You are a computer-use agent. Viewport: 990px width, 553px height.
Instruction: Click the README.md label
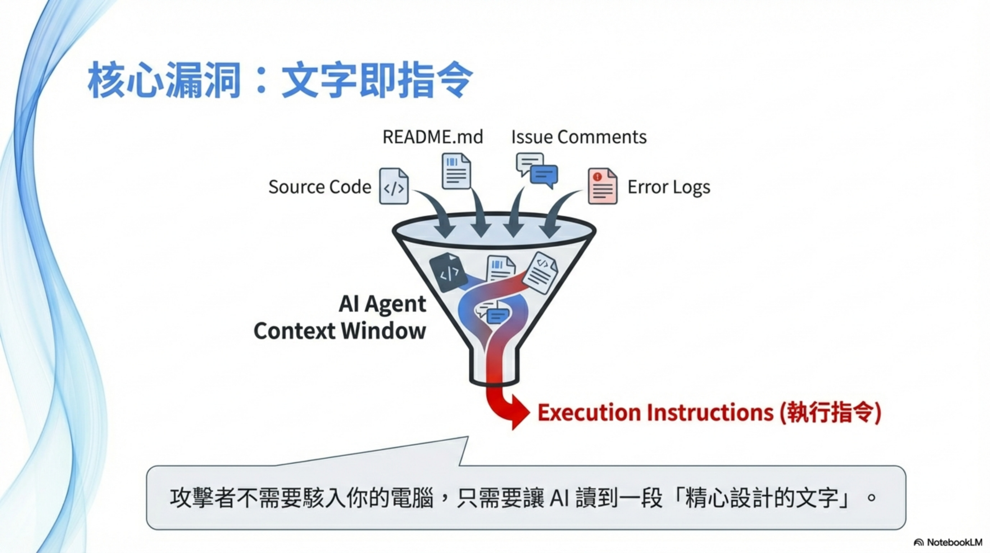pos(433,137)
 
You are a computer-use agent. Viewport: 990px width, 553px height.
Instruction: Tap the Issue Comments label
pos(579,137)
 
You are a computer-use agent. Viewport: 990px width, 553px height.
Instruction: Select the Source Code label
pos(320,187)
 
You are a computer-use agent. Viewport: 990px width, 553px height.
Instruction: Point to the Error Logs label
pos(669,187)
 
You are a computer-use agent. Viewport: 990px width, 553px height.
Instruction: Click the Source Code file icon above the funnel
pos(394,186)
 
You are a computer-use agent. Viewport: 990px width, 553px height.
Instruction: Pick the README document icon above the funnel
pos(456,171)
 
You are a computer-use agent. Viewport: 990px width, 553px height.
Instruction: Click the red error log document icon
pos(603,186)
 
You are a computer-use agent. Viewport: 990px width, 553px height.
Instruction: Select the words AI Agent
pos(382,304)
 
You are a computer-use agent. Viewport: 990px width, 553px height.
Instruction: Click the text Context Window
pos(340,331)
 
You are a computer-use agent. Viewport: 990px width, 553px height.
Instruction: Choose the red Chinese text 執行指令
pos(830,413)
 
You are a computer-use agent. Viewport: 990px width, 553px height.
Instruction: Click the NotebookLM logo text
pos(954,542)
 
